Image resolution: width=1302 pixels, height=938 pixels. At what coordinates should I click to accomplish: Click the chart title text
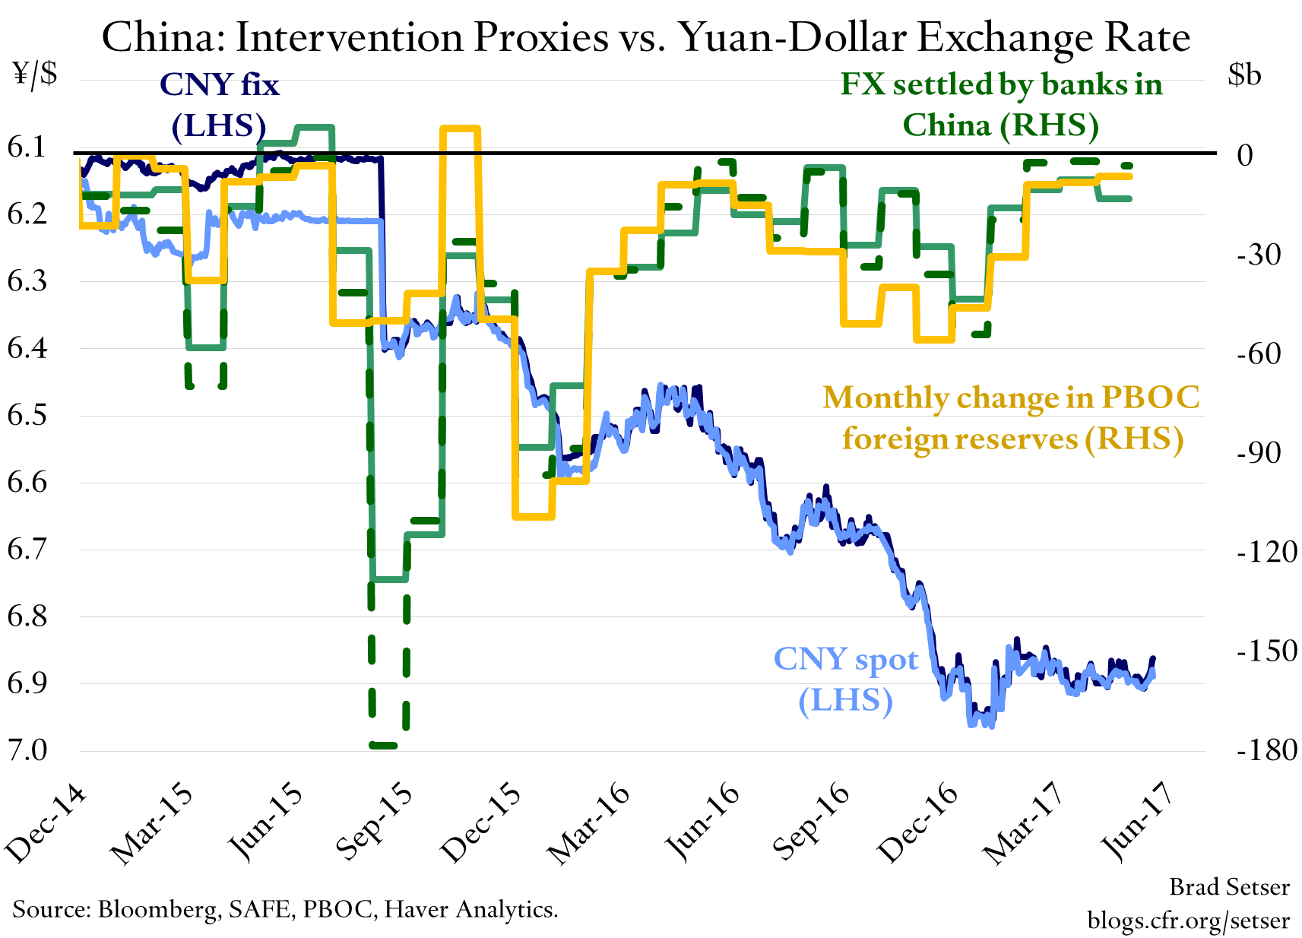[x=646, y=36]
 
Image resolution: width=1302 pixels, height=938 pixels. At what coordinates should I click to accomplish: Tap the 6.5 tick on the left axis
[x=27, y=416]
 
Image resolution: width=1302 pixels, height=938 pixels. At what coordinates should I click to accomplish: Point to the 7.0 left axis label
[x=27, y=750]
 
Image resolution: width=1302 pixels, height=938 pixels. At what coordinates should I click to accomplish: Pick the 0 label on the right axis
[x=1244, y=155]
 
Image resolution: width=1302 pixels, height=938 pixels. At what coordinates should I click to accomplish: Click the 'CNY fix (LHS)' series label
[x=219, y=105]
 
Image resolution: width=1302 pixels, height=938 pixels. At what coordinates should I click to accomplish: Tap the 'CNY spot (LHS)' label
[x=846, y=679]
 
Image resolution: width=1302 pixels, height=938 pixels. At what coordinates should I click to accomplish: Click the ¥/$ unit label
[x=35, y=74]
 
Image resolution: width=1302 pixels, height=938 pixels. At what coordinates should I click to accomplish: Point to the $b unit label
[x=1244, y=74]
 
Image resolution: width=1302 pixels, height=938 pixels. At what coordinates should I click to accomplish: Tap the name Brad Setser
[x=1228, y=887]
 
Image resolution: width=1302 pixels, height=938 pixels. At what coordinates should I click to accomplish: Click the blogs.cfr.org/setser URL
[x=1188, y=921]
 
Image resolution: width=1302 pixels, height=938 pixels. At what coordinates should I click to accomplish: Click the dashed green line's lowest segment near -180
[x=383, y=746]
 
